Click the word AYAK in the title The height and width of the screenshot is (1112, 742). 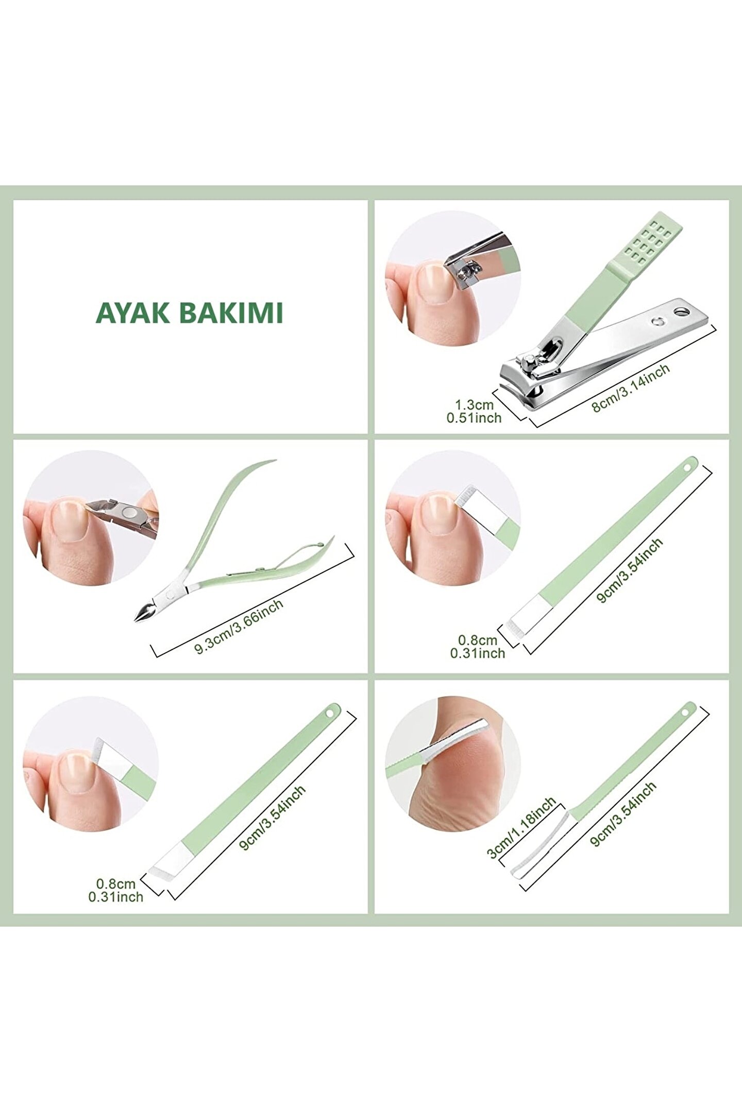pyautogui.click(x=132, y=313)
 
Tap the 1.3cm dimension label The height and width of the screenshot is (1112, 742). pyautogui.click(x=474, y=404)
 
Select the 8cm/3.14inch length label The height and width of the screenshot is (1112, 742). pyautogui.click(x=631, y=388)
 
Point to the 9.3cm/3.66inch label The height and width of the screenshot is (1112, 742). pyautogui.click(x=239, y=627)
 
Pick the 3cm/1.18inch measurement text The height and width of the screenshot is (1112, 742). pyautogui.click(x=521, y=827)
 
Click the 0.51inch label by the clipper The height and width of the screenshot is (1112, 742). pyautogui.click(x=474, y=418)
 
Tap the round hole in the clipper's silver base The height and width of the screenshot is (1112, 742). pyautogui.click(x=682, y=311)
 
